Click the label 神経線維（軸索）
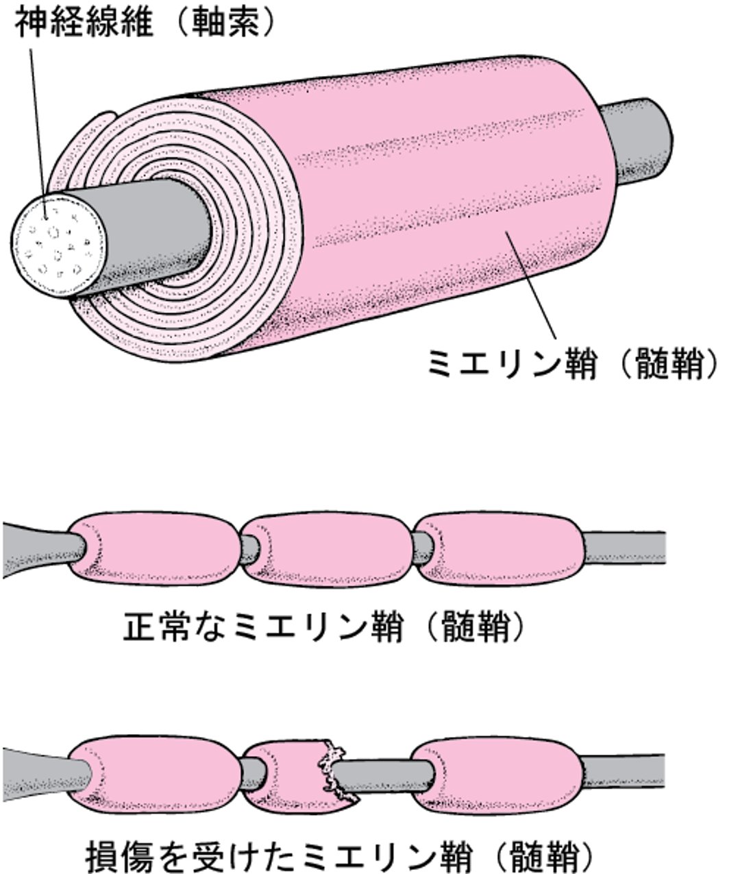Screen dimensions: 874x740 tap(144, 23)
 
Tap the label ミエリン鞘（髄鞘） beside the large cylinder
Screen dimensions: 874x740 tap(573, 363)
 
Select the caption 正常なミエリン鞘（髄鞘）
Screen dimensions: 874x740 tap(328, 626)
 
